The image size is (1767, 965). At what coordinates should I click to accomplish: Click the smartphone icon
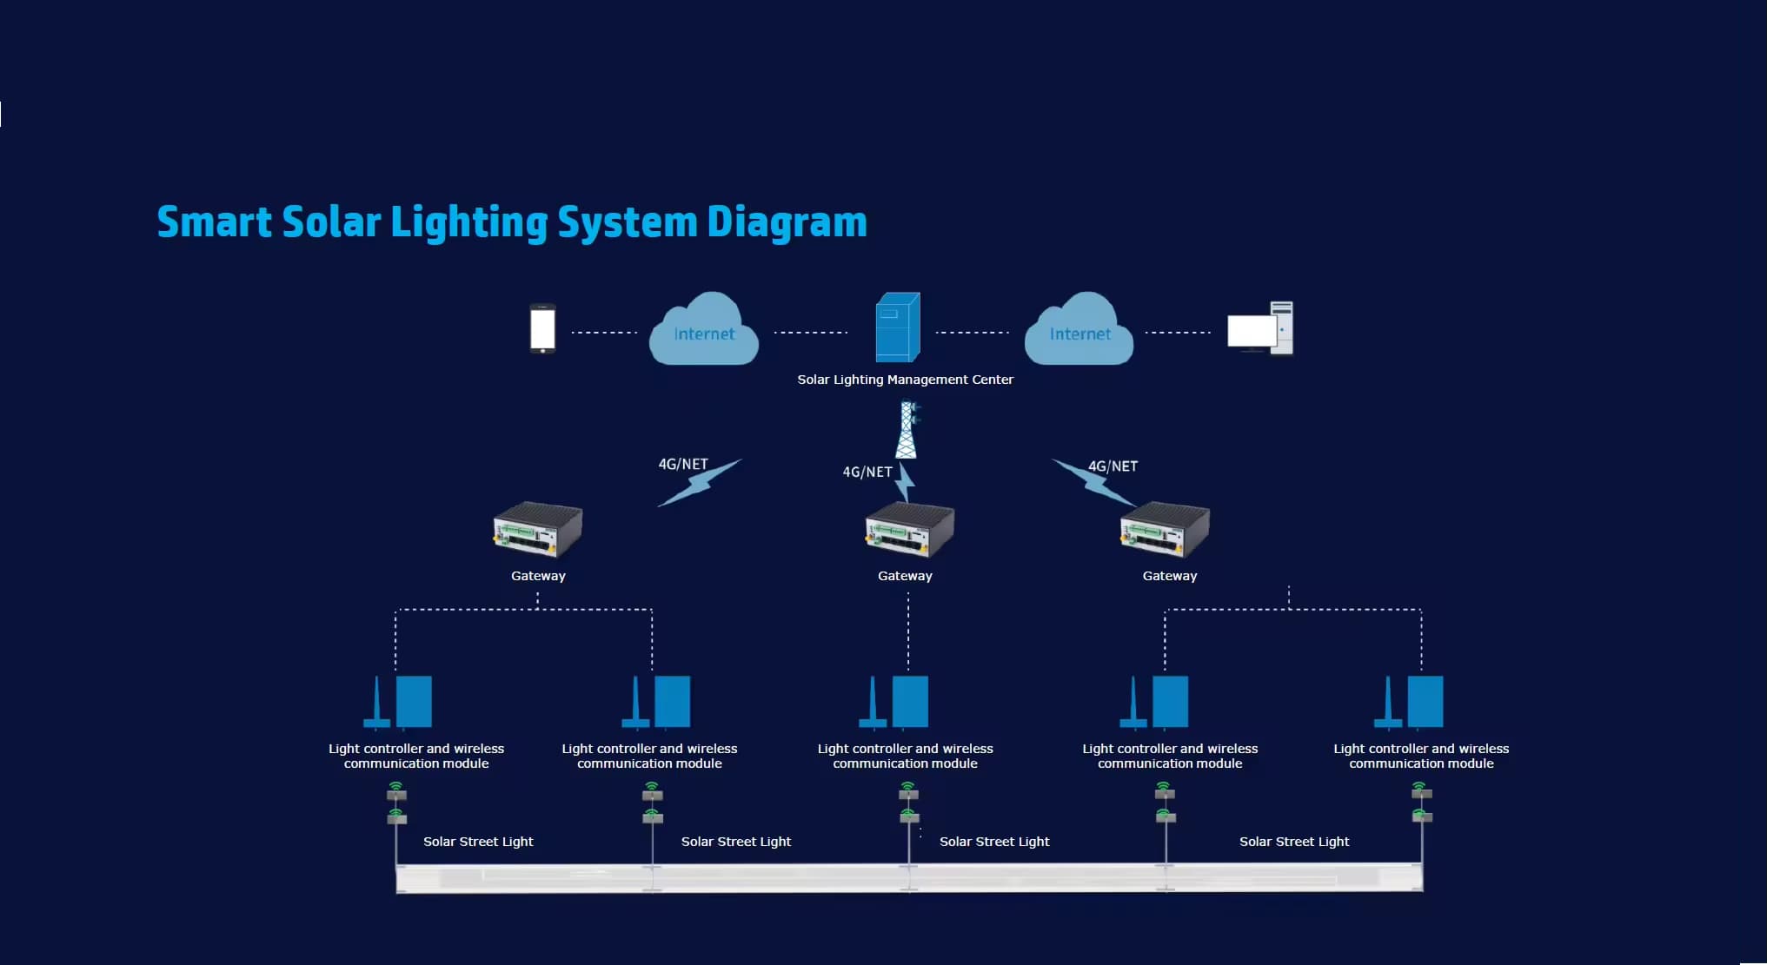coord(542,328)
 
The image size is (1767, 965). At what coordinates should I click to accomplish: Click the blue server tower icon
coord(897,327)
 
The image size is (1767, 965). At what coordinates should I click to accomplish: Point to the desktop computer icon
coord(1260,327)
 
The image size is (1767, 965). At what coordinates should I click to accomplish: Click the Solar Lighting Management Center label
coord(905,380)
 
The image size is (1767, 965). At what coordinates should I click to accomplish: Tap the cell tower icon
coord(907,429)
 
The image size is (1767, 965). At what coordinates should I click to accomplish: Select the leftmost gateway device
coord(538,529)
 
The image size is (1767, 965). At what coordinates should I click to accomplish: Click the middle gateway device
coord(909,529)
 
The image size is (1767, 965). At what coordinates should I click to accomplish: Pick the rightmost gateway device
coord(1165,529)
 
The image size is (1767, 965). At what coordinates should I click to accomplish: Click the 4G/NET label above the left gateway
coord(683,465)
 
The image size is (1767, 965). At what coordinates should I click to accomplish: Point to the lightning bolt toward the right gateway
coord(1095,483)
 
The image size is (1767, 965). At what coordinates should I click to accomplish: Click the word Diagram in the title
coord(787,222)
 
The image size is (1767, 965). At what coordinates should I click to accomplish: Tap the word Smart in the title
coord(215,221)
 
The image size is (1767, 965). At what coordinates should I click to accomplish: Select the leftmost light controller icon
coord(397,702)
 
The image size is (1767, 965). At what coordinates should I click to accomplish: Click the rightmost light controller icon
coord(1408,702)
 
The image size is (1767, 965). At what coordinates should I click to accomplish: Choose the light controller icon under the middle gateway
coord(893,702)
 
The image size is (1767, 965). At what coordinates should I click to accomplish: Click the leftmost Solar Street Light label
coord(478,842)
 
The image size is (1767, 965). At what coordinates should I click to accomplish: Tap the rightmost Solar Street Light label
coord(1294,842)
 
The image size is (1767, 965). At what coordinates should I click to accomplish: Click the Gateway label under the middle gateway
coord(905,576)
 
